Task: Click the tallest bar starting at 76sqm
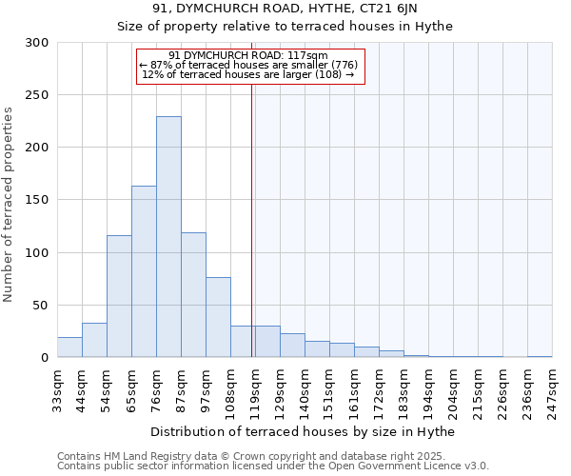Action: click(168, 237)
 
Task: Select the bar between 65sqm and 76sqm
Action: click(144, 271)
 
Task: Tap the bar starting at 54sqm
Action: click(119, 296)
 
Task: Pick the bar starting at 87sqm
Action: click(193, 295)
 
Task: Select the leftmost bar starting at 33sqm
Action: click(69, 347)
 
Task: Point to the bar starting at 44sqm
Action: click(94, 341)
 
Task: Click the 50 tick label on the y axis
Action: click(41, 306)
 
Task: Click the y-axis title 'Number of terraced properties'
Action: click(9, 204)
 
